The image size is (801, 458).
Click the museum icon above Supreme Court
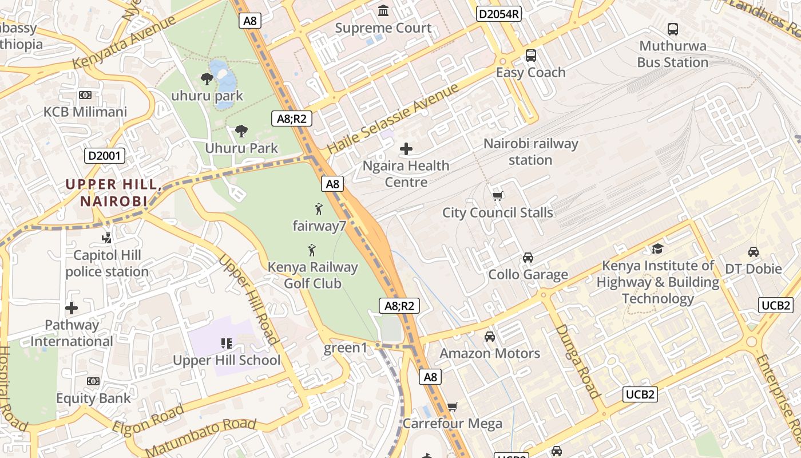(x=383, y=11)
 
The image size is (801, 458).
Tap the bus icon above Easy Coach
(x=531, y=56)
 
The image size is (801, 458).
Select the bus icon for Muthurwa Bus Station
(x=673, y=29)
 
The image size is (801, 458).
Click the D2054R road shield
(x=499, y=14)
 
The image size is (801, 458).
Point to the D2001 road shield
(x=105, y=155)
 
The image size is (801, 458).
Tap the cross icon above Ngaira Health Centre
(x=406, y=149)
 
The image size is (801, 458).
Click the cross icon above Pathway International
(x=72, y=308)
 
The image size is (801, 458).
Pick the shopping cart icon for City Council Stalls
(x=498, y=196)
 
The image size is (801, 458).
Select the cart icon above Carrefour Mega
(x=453, y=406)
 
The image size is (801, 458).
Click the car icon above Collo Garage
(x=528, y=258)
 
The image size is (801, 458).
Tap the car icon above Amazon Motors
(x=490, y=337)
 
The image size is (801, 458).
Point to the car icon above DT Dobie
(x=754, y=252)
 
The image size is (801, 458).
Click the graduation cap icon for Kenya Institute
(x=657, y=248)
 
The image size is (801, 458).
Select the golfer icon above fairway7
(x=319, y=209)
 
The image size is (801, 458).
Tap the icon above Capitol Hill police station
(x=106, y=238)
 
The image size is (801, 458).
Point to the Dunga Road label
(x=577, y=361)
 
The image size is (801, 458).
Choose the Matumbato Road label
(x=200, y=437)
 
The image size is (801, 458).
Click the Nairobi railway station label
(x=531, y=152)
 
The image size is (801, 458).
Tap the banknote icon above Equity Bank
(x=93, y=381)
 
